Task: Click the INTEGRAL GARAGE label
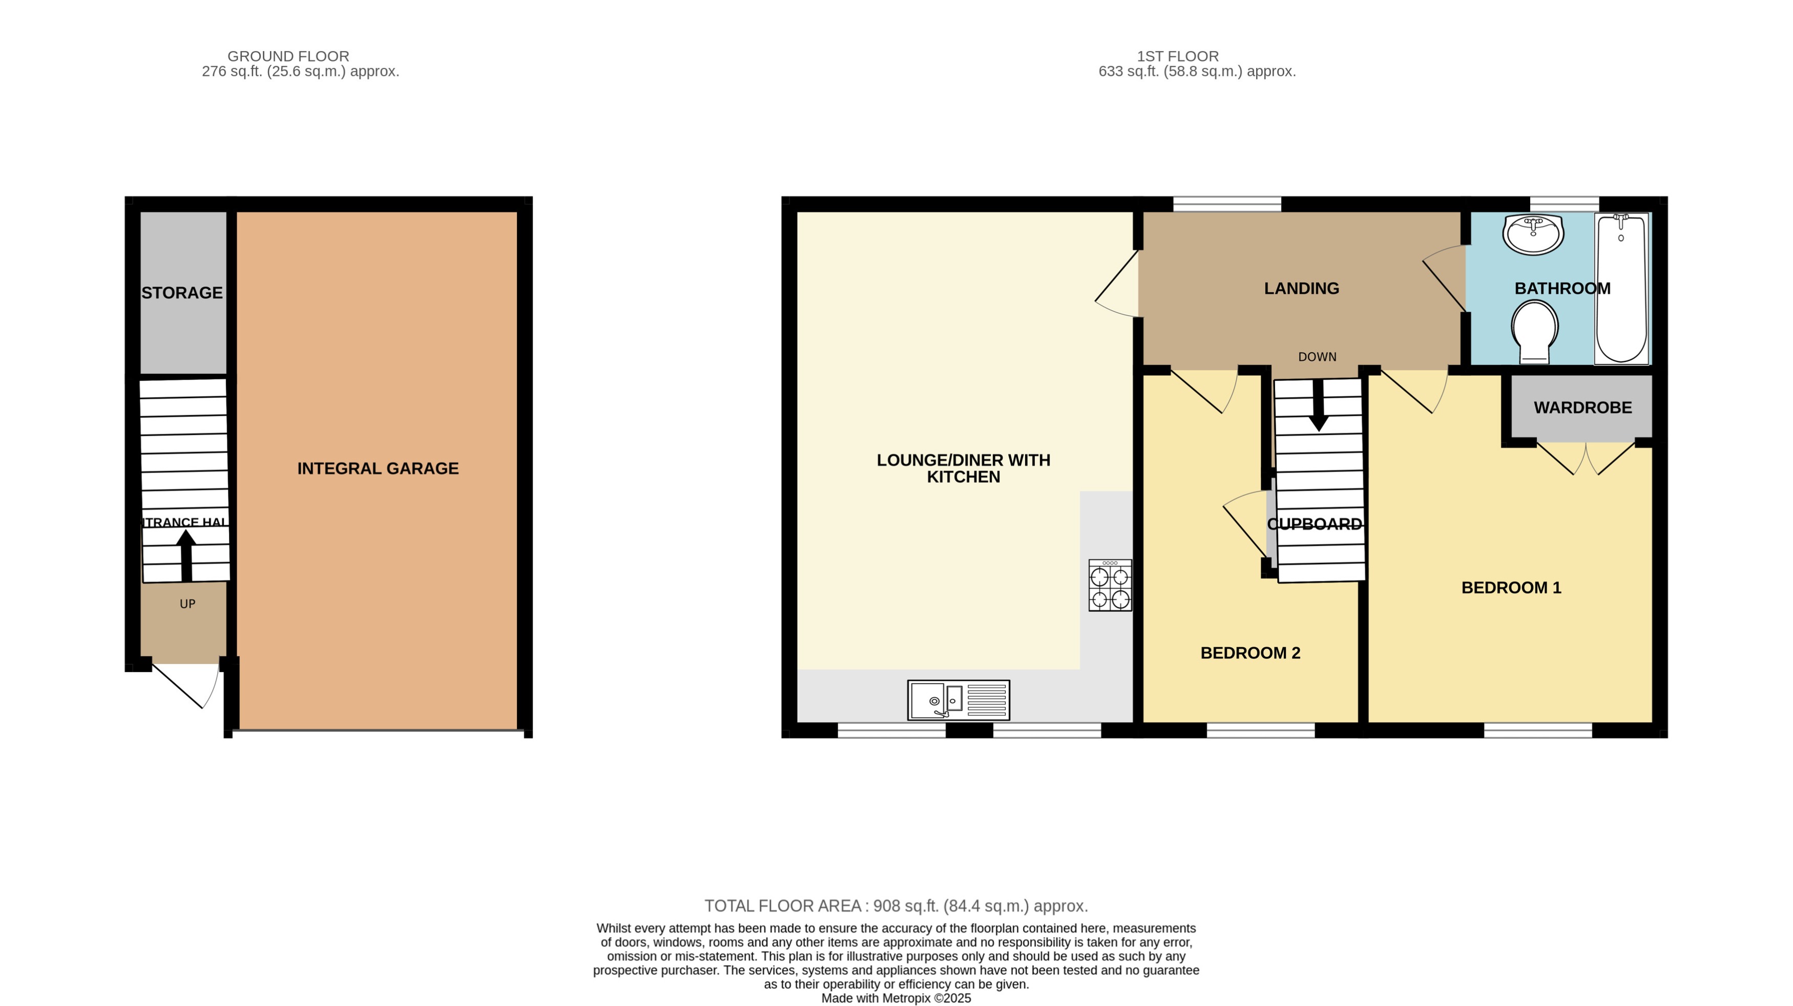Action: click(378, 469)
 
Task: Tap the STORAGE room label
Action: click(182, 293)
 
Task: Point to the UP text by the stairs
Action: click(187, 604)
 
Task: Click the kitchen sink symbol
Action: click(958, 700)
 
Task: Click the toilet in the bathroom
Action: click(1535, 331)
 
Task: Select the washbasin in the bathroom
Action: click(1533, 234)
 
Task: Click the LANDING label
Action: click(1301, 288)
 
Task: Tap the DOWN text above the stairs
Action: click(1317, 357)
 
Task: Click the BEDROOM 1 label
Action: click(1511, 588)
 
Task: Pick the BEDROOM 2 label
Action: click(1250, 653)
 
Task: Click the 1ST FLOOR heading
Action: click(1178, 56)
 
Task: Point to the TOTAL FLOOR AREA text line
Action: click(896, 906)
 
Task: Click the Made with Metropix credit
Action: click(896, 998)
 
